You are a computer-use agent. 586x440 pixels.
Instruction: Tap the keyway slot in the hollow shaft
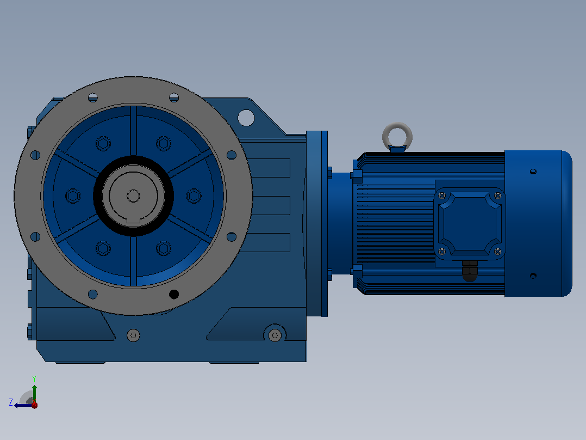(x=133, y=221)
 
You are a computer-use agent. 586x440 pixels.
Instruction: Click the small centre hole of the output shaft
(x=133, y=196)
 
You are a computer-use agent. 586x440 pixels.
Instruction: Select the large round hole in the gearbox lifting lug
(x=246, y=118)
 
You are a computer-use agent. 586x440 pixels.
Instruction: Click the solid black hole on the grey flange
(x=174, y=295)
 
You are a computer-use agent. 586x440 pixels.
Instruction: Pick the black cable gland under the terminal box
(x=470, y=270)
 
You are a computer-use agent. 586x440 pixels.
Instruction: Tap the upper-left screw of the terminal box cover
(x=442, y=195)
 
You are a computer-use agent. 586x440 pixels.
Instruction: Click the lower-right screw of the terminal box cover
(x=497, y=252)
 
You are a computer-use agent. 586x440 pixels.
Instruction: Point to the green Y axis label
(x=34, y=378)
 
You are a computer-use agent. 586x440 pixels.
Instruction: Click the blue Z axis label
(x=11, y=402)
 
